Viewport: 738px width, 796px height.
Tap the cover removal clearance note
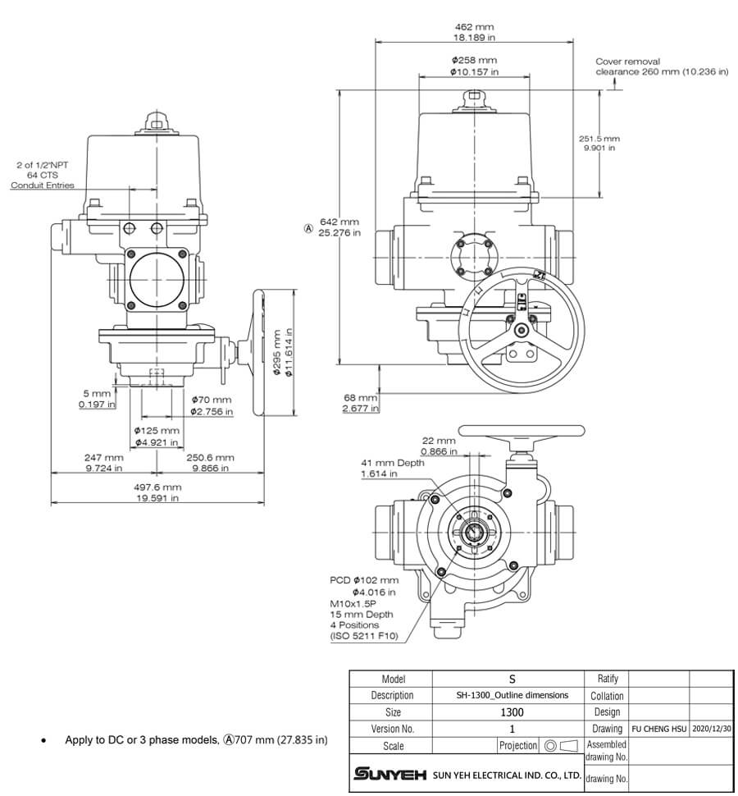click(x=661, y=66)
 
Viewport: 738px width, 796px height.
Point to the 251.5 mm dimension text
click(x=599, y=143)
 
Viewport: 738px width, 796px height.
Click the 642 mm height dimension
click(x=339, y=227)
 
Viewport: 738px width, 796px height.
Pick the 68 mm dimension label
click(x=360, y=403)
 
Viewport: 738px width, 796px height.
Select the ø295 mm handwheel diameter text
click(x=282, y=352)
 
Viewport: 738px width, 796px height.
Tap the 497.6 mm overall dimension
click(x=157, y=492)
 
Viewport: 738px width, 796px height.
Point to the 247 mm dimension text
click(x=103, y=462)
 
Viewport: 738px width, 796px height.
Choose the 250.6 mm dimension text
click(x=210, y=462)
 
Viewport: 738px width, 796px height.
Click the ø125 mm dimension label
click(x=157, y=436)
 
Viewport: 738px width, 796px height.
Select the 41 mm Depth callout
click(x=393, y=468)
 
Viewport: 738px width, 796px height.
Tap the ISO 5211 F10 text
click(x=362, y=636)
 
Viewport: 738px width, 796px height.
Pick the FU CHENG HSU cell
click(x=658, y=728)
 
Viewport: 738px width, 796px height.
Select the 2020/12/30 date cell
click(x=710, y=728)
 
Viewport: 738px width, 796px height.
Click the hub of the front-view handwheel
click(x=521, y=331)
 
